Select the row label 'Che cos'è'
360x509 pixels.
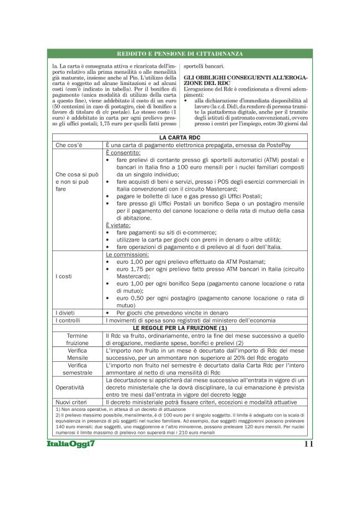coord(68,145)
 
